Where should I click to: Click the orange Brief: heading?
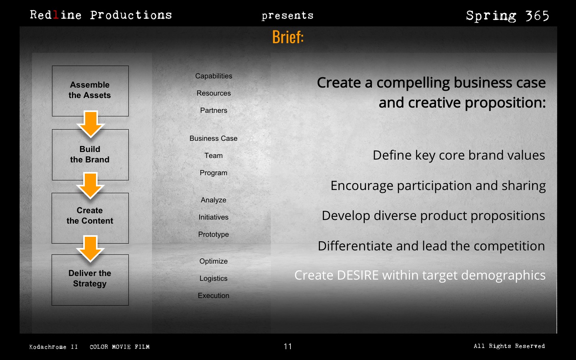[288, 37]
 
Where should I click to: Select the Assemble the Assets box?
[90, 91]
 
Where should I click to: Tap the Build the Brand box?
[90, 155]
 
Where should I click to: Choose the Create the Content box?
[90, 218]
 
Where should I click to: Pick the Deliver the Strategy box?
[90, 280]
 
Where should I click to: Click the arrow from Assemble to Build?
[90, 124]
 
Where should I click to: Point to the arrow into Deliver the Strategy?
[90, 249]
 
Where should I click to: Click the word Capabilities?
[214, 76]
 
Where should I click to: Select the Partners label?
[214, 110]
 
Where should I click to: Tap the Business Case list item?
[214, 138]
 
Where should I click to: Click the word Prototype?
[214, 234]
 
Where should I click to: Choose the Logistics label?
[214, 278]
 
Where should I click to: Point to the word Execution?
[214, 296]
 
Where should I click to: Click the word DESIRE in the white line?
[358, 275]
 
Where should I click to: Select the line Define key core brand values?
[459, 156]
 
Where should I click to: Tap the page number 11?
[288, 346]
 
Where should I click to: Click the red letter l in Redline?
[56, 15]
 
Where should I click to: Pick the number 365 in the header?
[537, 16]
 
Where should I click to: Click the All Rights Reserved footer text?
[509, 346]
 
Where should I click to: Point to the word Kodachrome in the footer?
[48, 347]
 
